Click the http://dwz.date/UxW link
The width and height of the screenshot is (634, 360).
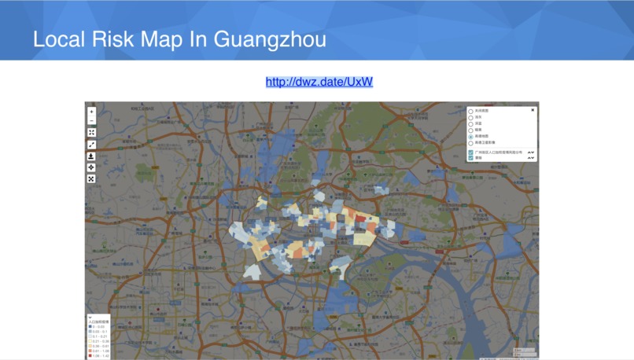pos(319,82)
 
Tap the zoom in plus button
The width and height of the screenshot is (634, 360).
pos(91,112)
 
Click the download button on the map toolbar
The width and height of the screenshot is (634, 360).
pos(91,156)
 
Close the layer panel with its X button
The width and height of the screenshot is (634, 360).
pos(533,111)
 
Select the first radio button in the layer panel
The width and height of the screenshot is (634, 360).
pos(471,112)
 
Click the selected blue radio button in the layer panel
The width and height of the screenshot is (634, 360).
pos(471,137)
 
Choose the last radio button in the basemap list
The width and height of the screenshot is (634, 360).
pos(471,143)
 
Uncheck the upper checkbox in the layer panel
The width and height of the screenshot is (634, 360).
pos(471,152)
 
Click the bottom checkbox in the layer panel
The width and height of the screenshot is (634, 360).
pos(471,158)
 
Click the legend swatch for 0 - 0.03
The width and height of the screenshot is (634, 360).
pos(90,326)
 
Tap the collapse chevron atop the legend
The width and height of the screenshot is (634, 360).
pos(90,318)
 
